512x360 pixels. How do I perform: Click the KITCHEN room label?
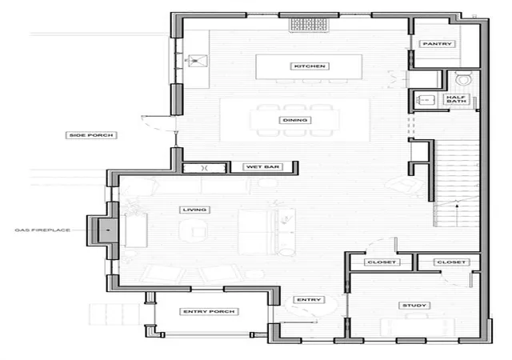tap(310, 66)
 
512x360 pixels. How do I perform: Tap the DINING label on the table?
tap(295, 120)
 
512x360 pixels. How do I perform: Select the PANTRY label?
tap(437, 44)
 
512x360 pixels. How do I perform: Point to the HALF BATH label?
tap(456, 99)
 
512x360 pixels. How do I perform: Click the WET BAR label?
tap(262, 167)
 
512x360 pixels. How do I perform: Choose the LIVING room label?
tap(194, 210)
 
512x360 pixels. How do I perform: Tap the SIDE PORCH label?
tap(91, 135)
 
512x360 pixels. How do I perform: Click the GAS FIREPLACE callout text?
tap(42, 230)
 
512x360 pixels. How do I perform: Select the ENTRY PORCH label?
tap(209, 312)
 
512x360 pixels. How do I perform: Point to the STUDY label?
tap(414, 306)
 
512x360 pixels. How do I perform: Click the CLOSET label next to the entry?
tap(382, 262)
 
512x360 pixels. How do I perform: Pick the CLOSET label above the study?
tap(451, 262)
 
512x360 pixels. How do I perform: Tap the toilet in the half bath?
tap(464, 78)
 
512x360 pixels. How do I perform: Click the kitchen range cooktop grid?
tap(309, 25)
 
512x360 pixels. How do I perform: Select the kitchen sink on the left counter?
tap(198, 61)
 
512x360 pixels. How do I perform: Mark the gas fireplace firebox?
tap(108, 230)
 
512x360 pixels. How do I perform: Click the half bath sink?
tap(425, 99)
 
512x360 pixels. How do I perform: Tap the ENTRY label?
tap(309, 300)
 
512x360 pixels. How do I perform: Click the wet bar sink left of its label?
tap(205, 168)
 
